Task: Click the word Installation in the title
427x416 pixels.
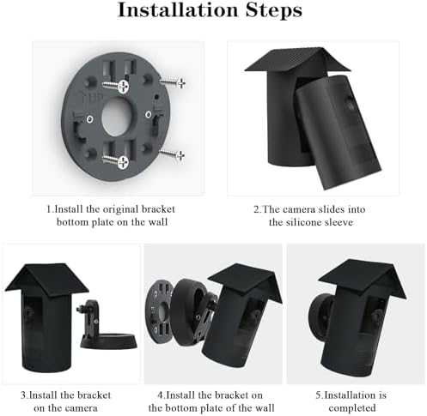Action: (178, 10)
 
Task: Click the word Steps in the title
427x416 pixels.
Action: (274, 11)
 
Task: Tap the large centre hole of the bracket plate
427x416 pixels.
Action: (117, 117)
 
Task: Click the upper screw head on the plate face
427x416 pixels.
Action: (123, 86)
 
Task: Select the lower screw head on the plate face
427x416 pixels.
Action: (123, 162)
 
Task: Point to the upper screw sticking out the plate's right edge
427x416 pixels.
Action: (173, 82)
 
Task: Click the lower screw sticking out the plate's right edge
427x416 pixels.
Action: (173, 154)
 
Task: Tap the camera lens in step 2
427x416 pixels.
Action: (351, 106)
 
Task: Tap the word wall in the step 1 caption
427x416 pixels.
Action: (158, 222)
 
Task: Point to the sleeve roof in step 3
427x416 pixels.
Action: (46, 278)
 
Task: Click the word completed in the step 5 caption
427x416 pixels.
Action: (352, 407)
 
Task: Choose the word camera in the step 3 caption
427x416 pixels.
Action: (80, 408)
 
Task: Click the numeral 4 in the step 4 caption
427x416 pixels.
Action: (160, 395)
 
